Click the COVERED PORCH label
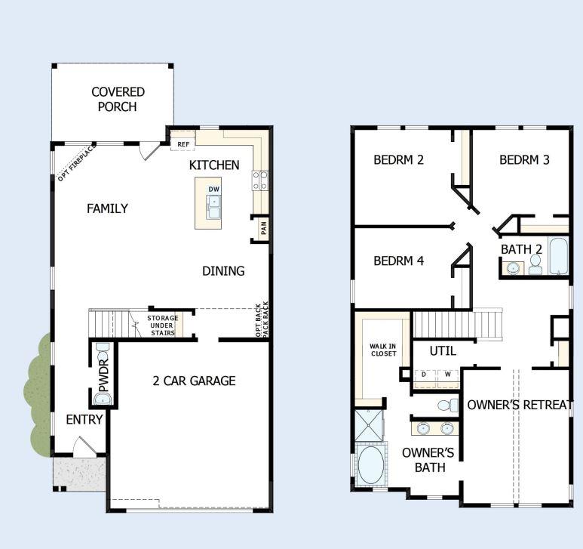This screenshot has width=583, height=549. point(118,99)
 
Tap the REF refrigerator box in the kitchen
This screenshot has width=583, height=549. point(183,144)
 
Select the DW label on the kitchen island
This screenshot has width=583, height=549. point(214,189)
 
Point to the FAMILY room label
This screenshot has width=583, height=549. point(107,208)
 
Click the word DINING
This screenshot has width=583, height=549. point(223,271)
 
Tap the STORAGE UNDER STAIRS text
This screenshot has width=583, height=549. point(161,325)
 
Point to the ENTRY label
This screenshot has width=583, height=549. point(84,420)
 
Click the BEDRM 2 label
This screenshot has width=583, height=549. point(399,160)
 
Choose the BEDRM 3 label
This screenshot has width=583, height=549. point(524,160)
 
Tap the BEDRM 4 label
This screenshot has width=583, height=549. point(399,261)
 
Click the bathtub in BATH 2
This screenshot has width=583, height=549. point(558,257)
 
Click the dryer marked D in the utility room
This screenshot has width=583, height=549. point(424,374)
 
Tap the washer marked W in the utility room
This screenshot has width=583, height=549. point(446,374)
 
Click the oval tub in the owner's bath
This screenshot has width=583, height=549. point(370,466)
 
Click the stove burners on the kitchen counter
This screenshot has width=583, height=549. point(260,180)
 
